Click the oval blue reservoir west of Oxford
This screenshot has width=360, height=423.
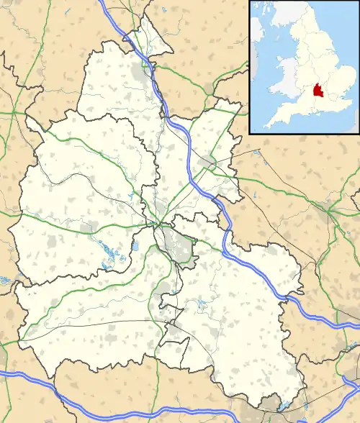click(x=135, y=247)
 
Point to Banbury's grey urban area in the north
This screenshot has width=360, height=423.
click(x=140, y=72)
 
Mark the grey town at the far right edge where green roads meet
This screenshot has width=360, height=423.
click(x=334, y=212)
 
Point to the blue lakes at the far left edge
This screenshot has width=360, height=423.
click(x=5, y=278)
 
